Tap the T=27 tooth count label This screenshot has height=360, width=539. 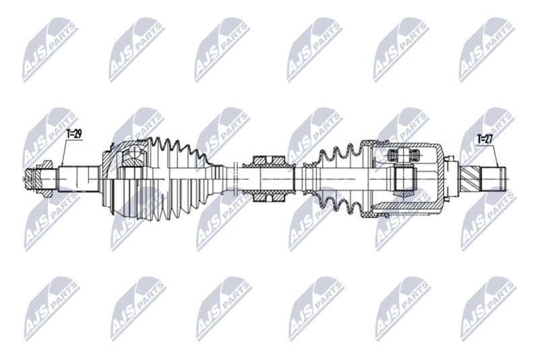tap(485, 140)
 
